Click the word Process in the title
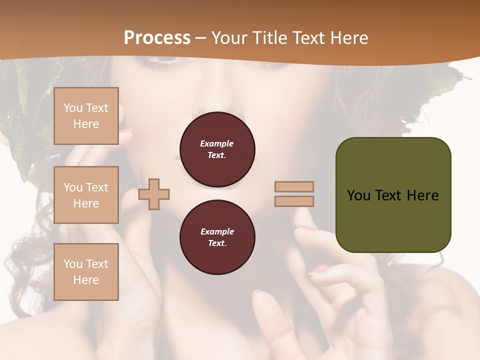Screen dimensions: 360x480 coord(157,38)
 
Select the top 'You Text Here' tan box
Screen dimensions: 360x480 coord(86,116)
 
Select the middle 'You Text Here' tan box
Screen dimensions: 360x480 coord(86,195)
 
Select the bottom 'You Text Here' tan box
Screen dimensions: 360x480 coord(86,272)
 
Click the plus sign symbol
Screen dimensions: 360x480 coord(154,194)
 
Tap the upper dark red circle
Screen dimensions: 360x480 coord(217,149)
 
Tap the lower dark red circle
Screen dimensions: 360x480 coord(217,237)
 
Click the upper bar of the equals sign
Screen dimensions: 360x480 coord(294,186)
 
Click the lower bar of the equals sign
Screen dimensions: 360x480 coord(294,201)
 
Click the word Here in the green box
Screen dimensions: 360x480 coord(422,195)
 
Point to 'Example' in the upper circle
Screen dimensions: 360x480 coord(216,143)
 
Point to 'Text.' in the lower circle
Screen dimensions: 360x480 coord(217,243)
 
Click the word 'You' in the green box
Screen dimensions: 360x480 coord(359,195)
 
